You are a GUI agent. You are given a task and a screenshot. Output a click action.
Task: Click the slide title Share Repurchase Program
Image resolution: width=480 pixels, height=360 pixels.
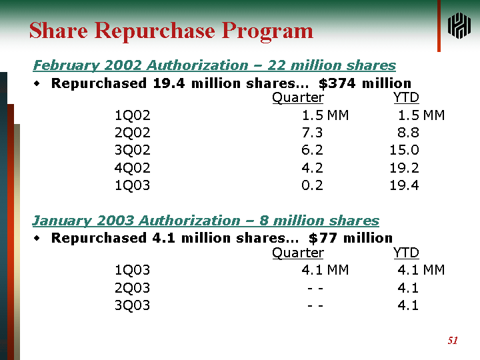(171, 31)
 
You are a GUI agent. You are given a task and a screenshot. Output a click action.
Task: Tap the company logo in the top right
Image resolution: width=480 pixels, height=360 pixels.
(459, 26)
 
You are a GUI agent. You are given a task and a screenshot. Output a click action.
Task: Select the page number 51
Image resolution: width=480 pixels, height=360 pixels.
(453, 341)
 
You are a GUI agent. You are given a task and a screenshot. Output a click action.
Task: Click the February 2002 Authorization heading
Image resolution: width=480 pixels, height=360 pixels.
(214, 65)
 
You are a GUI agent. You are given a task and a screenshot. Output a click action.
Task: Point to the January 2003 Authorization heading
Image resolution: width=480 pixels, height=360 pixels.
(205, 221)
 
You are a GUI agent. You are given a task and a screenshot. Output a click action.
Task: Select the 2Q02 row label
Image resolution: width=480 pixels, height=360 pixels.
(133, 133)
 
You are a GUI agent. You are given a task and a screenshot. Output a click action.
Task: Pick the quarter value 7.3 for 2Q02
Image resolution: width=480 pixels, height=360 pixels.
(312, 133)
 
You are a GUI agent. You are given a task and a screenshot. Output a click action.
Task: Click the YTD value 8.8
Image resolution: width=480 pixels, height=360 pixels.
(408, 133)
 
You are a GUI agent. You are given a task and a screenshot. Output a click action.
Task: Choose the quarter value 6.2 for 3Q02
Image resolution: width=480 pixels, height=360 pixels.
(312, 150)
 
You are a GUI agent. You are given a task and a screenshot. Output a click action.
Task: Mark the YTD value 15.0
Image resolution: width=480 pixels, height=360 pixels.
(405, 150)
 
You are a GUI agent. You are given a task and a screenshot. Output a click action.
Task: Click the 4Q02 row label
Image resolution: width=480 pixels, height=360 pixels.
(133, 168)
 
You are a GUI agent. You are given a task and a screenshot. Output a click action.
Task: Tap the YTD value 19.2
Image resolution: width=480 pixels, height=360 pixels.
(405, 168)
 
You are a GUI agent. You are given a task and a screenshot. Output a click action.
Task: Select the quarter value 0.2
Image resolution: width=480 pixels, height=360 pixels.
(312, 185)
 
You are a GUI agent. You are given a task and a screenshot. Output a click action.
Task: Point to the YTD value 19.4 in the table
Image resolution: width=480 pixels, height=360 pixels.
(405, 185)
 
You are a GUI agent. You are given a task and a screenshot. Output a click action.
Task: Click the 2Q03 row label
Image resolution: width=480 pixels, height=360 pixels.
(133, 288)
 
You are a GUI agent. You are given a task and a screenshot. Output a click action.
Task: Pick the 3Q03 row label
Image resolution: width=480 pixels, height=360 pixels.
(133, 305)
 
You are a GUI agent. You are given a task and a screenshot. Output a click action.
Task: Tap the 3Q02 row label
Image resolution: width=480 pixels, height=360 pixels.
(133, 150)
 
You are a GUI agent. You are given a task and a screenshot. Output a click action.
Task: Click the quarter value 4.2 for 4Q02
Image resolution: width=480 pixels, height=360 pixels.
(312, 168)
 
